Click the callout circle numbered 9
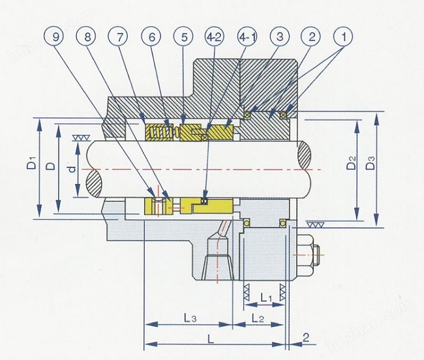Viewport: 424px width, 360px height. click(x=55, y=37)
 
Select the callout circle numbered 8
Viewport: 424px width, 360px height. click(x=87, y=37)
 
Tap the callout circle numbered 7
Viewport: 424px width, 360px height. click(x=119, y=37)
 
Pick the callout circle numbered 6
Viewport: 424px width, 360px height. click(x=151, y=37)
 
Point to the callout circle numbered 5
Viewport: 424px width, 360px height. click(x=183, y=37)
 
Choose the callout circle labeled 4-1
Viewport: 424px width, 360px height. click(x=247, y=37)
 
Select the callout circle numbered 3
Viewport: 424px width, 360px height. click(x=280, y=37)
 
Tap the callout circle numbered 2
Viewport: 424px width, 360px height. click(x=312, y=37)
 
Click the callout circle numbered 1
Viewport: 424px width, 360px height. click(x=343, y=37)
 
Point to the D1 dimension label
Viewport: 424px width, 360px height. click(x=32, y=162)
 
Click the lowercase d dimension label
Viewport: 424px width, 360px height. click(x=72, y=169)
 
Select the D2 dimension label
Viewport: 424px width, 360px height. click(x=352, y=162)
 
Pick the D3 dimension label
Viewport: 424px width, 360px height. click(x=371, y=162)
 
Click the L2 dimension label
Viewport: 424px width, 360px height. click(x=258, y=318)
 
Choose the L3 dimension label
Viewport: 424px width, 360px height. click(x=190, y=318)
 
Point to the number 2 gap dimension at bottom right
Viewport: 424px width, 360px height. click(x=306, y=337)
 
